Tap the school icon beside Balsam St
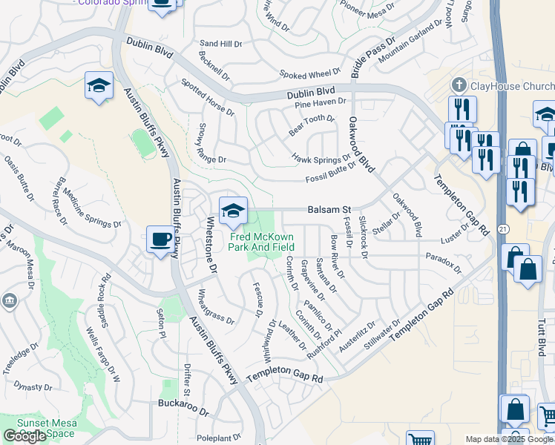pos(233,211)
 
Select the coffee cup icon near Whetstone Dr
pos(160,240)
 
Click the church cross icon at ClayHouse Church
pos(459,85)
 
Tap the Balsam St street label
pos(329,210)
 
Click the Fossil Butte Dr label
pos(330,175)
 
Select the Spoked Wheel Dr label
pos(309,74)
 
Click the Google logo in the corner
pos(24,436)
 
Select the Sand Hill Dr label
pos(221,44)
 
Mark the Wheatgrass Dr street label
pos(215,307)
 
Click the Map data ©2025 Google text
pos(510,439)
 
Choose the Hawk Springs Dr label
pos(321,157)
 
